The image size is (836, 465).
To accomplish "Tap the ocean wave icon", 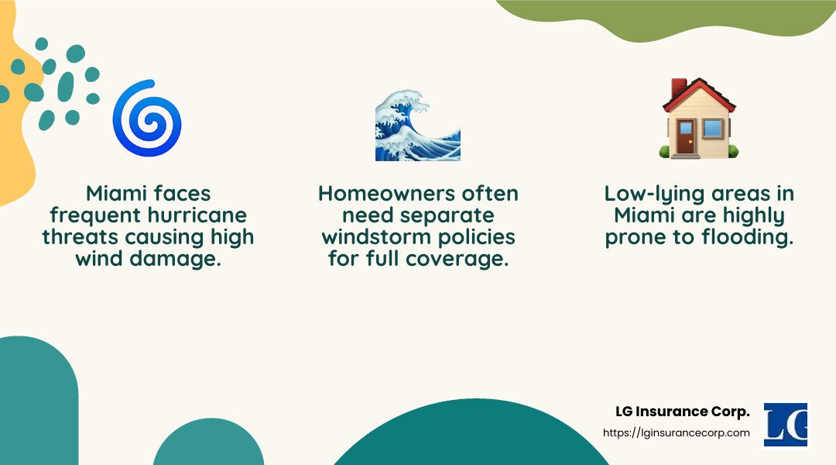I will [x=418, y=125].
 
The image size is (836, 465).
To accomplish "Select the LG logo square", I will [x=785, y=424].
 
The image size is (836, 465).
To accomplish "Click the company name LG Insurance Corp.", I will [x=682, y=412].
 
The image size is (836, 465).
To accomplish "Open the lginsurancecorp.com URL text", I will [x=676, y=433].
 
